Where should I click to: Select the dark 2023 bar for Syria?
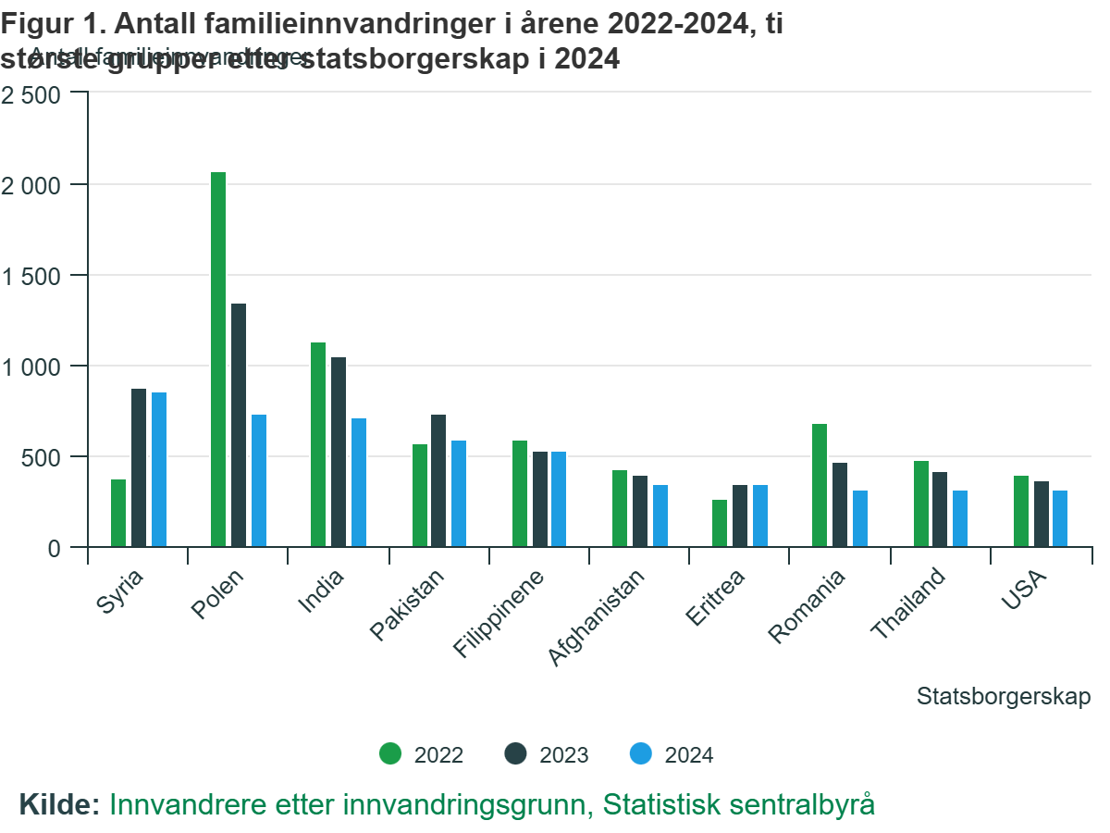139,467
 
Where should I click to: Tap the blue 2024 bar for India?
359,482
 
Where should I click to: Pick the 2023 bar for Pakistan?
438,480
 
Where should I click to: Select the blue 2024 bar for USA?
1060,518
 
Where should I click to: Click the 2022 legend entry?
421,754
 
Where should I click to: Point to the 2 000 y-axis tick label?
31,185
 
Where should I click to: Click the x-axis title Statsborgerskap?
1004,696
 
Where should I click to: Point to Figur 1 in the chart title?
51,25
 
